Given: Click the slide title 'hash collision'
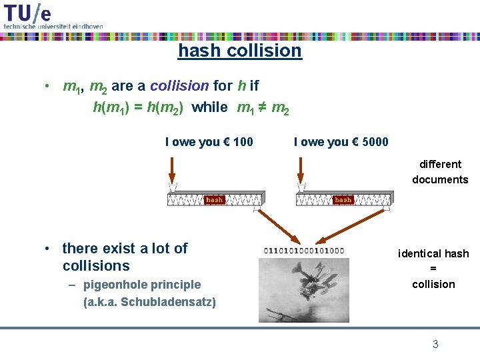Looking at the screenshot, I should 239,51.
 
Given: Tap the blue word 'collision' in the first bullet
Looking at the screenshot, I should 179,86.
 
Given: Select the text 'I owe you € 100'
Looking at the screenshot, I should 209,142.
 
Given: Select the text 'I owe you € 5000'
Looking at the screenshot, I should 341,142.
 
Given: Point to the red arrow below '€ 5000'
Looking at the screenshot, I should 301,171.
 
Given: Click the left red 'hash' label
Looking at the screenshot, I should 215,199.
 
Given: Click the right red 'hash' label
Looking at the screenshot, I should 343,199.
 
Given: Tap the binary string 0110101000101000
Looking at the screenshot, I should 304,251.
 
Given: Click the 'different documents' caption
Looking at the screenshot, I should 440,171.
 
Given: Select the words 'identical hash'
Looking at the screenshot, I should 433,253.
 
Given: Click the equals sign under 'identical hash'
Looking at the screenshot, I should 433,269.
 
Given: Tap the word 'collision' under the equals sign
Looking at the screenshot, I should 433,284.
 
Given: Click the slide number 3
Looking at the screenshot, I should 435,344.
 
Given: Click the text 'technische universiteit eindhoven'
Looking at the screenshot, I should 53,25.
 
